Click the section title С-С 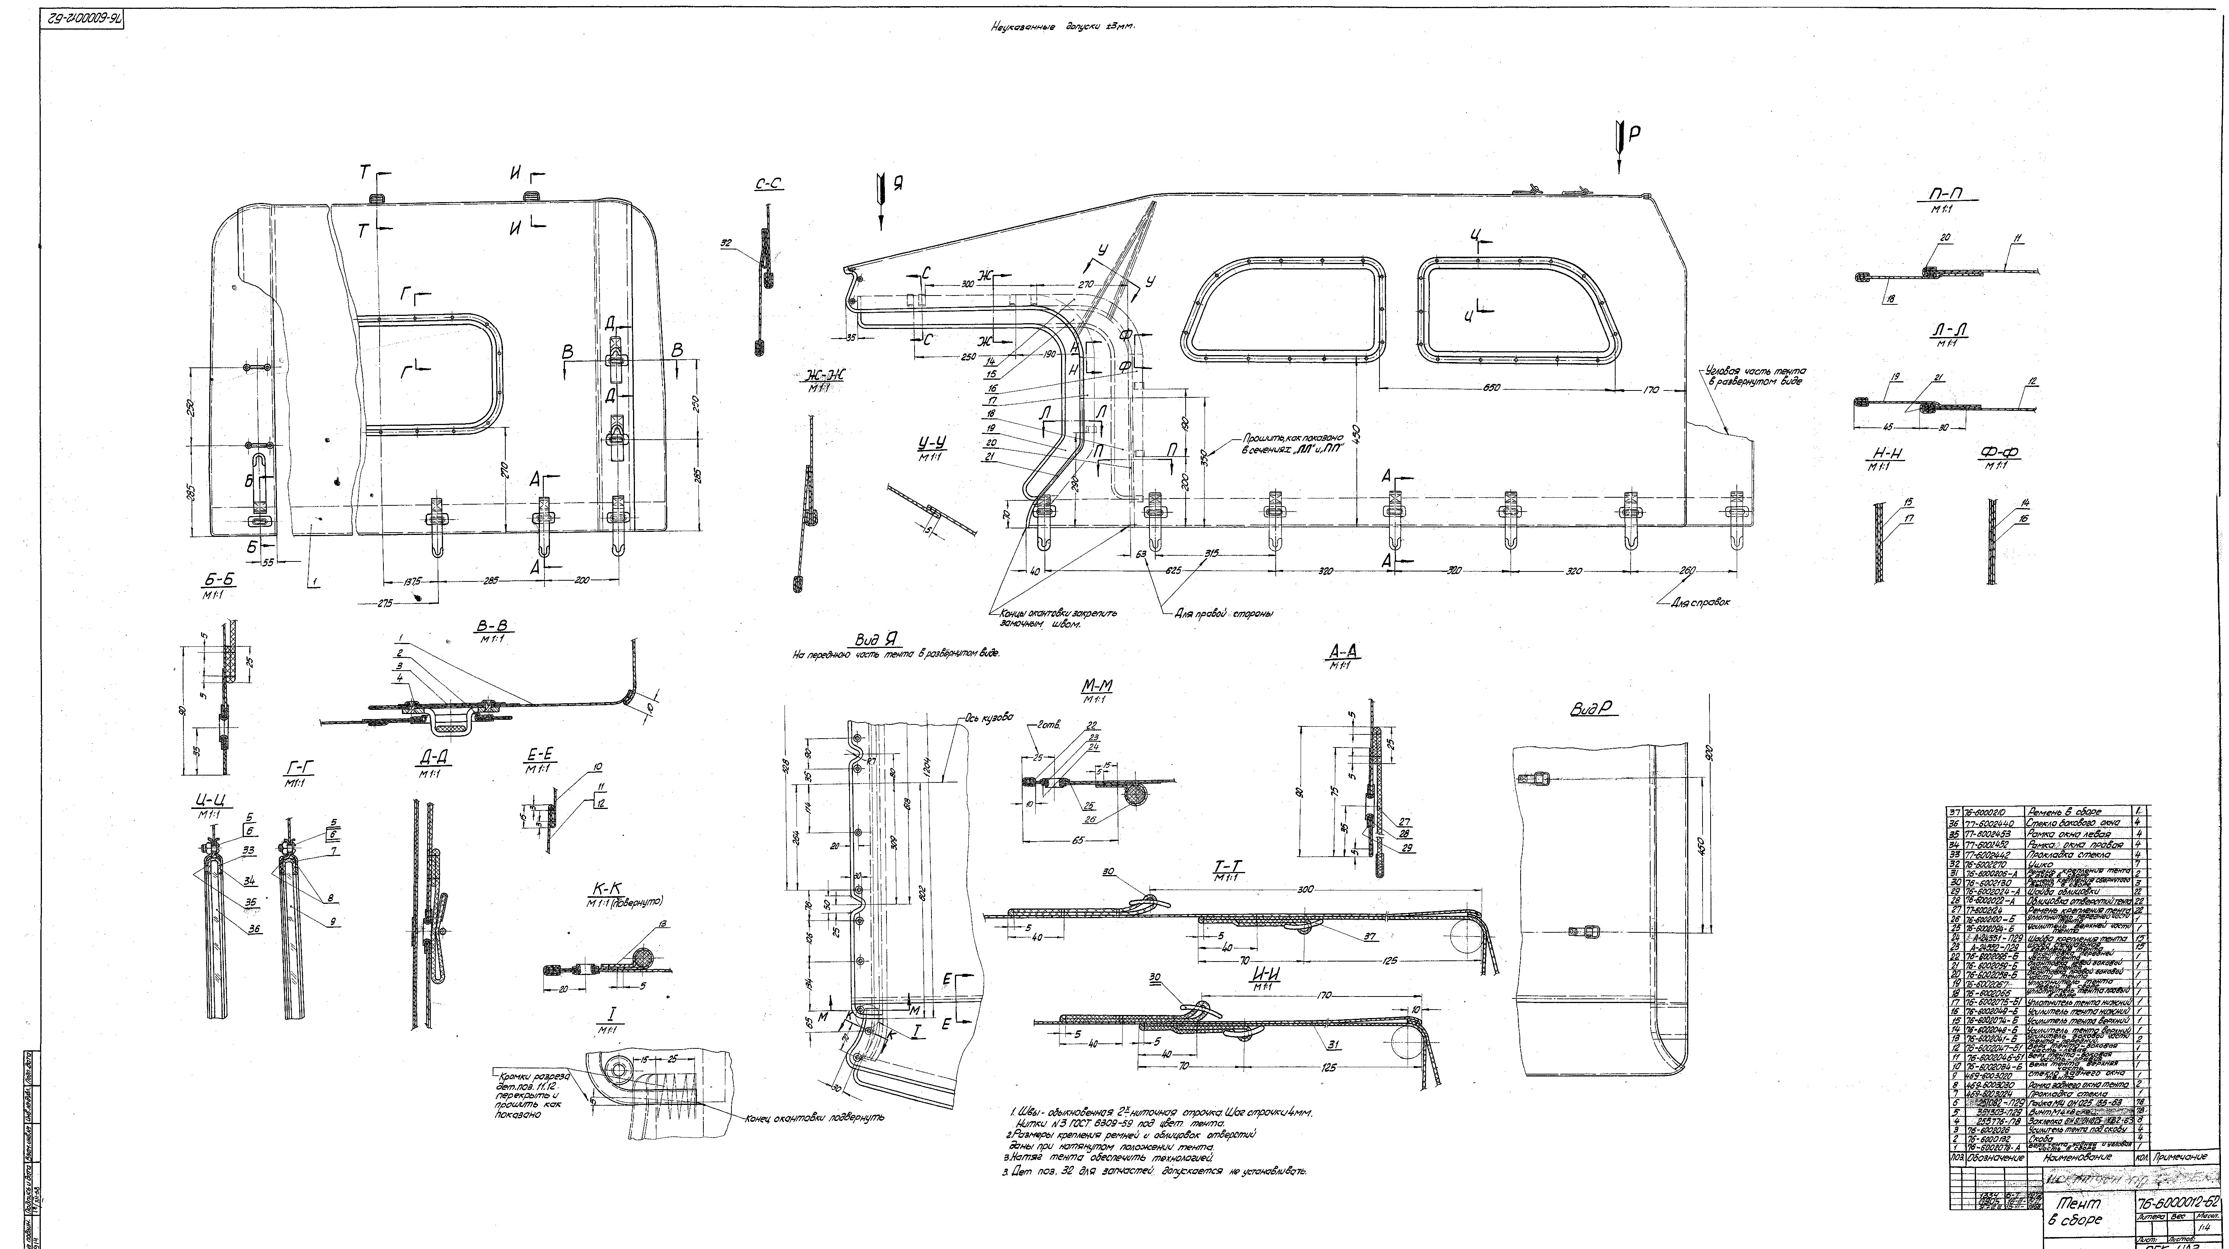[x=768, y=184]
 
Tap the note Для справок [x=1700, y=602]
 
